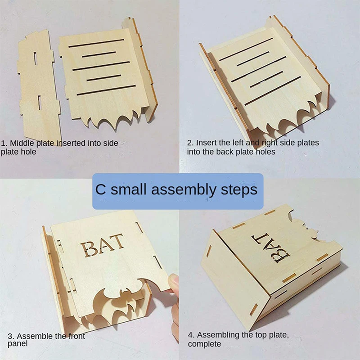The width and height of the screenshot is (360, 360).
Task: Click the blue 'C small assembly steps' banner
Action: click(178, 191)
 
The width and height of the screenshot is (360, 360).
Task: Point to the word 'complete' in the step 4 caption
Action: click(204, 344)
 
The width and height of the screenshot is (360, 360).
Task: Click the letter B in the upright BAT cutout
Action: click(89, 249)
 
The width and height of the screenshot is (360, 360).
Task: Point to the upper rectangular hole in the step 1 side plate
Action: click(35, 58)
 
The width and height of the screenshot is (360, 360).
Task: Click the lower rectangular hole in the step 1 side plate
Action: click(40, 103)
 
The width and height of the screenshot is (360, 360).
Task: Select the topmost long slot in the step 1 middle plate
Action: click(96, 43)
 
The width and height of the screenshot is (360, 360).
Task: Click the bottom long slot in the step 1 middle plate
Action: click(106, 90)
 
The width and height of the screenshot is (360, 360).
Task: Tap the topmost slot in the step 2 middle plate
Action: click(246, 49)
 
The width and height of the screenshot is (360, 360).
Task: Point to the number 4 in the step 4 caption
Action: click(190, 335)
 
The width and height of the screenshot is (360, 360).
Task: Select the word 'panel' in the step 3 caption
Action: click(18, 344)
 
